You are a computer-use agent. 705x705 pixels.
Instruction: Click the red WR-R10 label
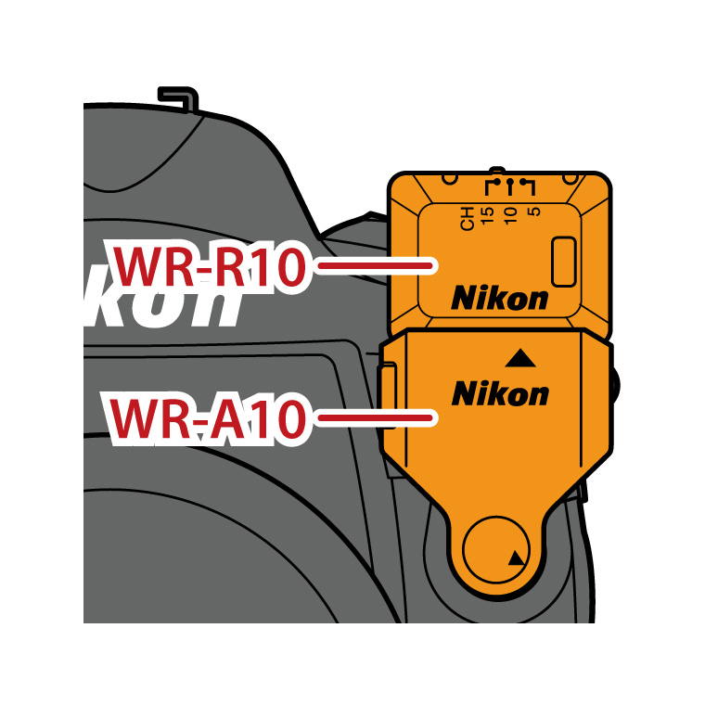[x=210, y=266]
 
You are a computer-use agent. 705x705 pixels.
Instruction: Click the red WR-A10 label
[x=208, y=418]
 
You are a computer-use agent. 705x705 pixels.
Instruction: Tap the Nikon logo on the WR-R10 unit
[x=500, y=298]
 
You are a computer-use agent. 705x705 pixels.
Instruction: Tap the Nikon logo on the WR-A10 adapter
[x=500, y=393]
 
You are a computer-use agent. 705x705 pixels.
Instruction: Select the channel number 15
[x=487, y=216]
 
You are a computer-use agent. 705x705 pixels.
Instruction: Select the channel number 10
[x=511, y=216]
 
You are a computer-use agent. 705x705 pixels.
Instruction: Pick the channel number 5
[x=533, y=211]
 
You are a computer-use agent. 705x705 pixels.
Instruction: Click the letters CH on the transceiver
[x=468, y=219]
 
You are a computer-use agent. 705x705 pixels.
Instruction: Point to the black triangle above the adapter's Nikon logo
[x=520, y=358]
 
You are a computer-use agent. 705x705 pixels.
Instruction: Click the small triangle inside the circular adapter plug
[x=516, y=558]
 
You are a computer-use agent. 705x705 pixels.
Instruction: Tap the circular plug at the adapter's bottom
[x=496, y=549]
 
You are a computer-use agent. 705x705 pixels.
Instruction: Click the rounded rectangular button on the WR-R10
[x=564, y=262]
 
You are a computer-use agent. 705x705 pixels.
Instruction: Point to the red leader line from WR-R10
[x=375, y=266]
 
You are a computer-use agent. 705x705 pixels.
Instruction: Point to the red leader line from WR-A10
[x=375, y=418]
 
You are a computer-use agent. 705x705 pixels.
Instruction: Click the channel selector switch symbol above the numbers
[x=510, y=186]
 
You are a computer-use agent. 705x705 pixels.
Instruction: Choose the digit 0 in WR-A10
[x=288, y=419]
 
